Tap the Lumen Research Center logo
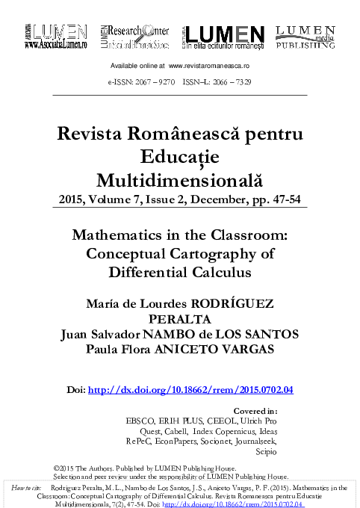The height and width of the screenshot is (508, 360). point(134,36)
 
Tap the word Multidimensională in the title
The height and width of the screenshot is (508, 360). point(180,179)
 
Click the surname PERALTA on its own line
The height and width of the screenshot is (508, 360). point(180,317)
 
